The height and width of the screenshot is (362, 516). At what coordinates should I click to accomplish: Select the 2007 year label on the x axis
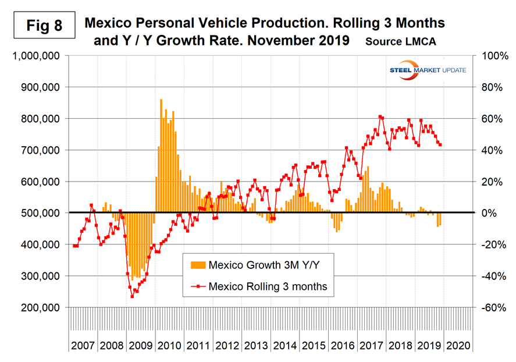click(83, 345)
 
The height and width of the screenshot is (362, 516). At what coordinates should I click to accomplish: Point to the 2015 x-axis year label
click(314, 345)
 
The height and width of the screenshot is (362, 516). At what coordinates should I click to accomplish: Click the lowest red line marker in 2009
click(132, 296)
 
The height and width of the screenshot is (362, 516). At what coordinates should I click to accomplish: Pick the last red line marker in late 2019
click(440, 145)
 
